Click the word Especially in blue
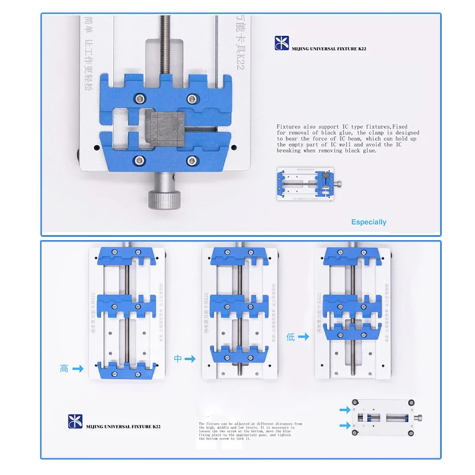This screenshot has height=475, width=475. (x=369, y=222)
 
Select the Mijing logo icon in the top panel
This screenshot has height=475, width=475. (x=280, y=43)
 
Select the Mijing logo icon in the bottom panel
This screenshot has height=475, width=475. (x=74, y=423)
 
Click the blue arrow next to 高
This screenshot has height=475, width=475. (x=78, y=369)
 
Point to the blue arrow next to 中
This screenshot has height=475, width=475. (x=190, y=359)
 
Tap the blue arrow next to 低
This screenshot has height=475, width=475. (x=303, y=336)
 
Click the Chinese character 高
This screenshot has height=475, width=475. (x=64, y=369)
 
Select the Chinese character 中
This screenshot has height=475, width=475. (x=177, y=359)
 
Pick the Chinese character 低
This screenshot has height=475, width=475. (x=290, y=336)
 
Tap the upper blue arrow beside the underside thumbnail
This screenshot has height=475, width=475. (x=344, y=410)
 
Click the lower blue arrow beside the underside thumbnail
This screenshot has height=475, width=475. (x=344, y=425)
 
